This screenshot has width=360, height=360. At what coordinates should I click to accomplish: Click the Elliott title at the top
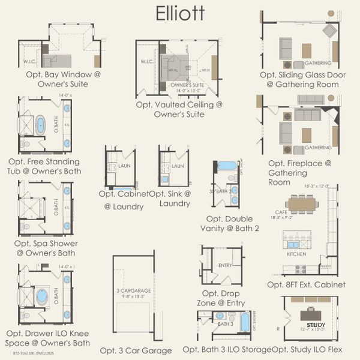click(180, 13)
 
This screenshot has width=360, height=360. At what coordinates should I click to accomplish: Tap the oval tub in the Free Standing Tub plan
click(41, 125)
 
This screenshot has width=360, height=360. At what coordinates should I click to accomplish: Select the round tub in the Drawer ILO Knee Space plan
click(41, 297)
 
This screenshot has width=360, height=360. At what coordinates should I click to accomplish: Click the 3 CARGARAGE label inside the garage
click(133, 290)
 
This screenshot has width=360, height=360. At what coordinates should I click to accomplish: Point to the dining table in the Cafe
click(302, 204)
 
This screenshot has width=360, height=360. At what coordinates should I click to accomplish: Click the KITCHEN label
click(296, 254)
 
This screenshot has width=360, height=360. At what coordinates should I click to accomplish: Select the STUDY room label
click(320, 323)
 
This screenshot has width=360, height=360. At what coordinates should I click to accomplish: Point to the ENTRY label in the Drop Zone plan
click(225, 266)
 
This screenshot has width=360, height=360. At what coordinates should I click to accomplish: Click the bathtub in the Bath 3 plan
click(245, 322)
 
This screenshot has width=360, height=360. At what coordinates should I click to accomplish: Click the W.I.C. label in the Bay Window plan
click(31, 61)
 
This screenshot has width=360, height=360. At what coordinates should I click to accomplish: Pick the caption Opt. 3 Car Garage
click(136, 350)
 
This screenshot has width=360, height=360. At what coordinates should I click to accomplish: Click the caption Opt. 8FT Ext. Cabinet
click(306, 284)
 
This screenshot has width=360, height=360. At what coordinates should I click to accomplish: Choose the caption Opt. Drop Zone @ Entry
click(221, 299)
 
